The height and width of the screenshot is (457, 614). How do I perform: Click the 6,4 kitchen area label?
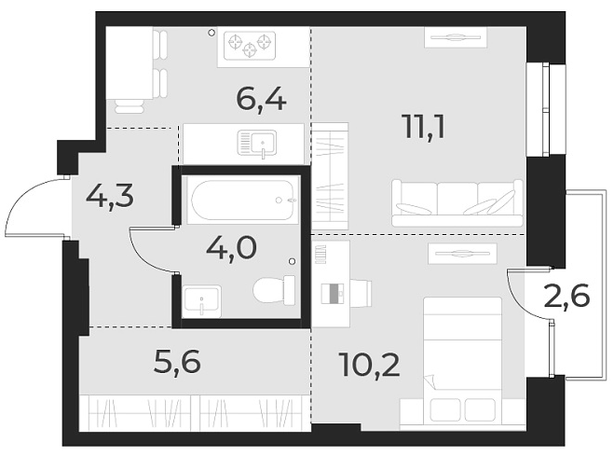point(260,96)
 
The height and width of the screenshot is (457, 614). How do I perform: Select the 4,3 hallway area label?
point(110,196)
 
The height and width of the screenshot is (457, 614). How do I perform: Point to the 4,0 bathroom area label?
point(230,249)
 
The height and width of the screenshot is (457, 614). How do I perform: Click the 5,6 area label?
point(178,360)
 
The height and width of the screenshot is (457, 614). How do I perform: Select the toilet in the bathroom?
point(273,293)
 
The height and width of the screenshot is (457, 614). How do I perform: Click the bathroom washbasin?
point(201,300)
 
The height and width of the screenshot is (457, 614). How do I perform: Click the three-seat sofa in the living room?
point(457,202)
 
